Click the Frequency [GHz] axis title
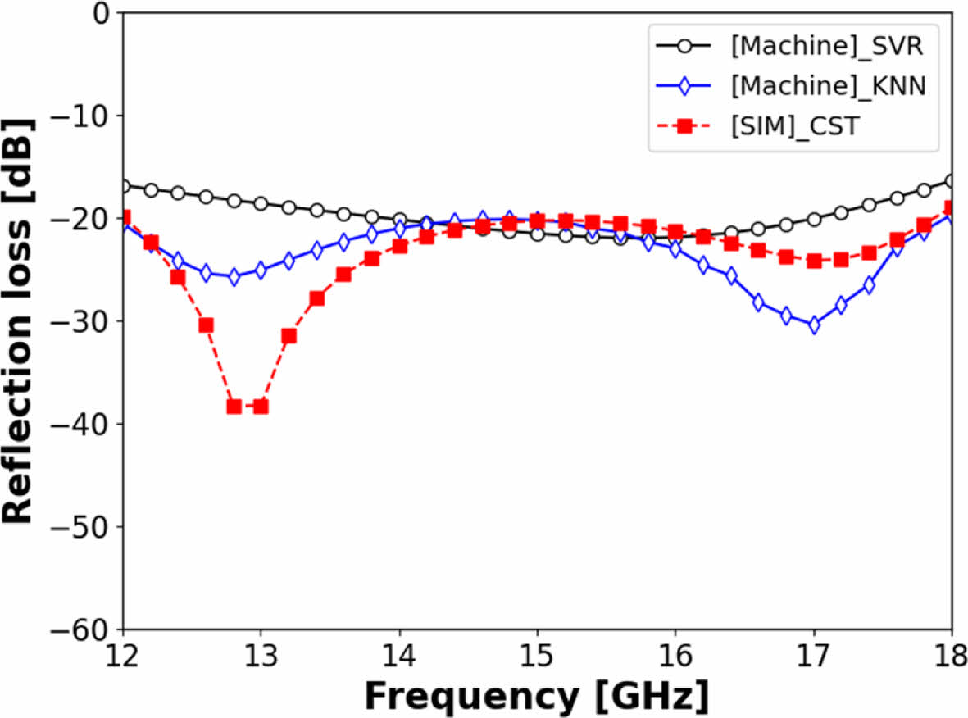(537, 697)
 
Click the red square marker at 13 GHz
(261, 407)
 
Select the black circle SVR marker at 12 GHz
(124, 186)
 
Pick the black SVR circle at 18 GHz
(951, 180)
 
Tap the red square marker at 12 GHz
(124, 218)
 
